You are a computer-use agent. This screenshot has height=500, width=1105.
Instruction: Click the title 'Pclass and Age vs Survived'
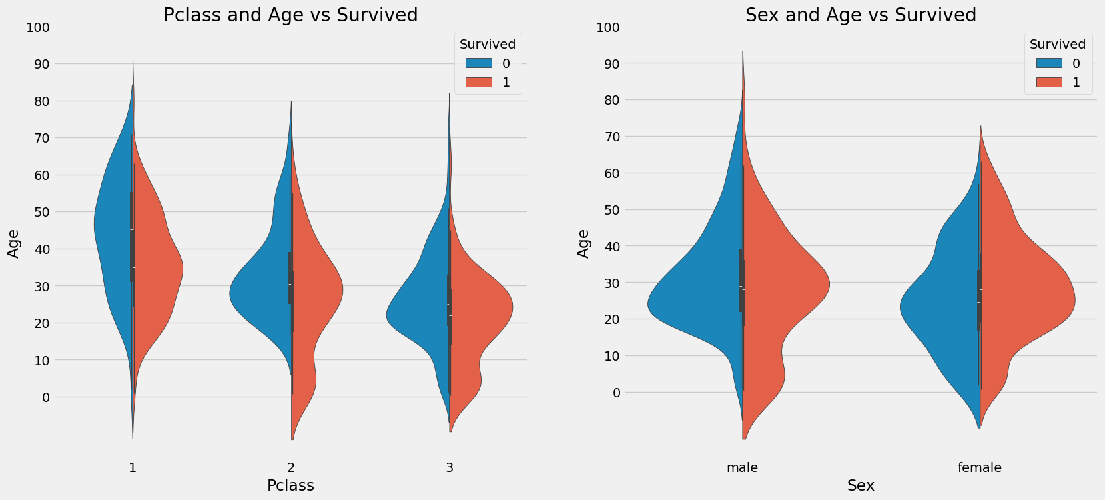[290, 15]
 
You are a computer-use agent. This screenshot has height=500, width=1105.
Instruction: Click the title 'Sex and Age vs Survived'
[860, 15]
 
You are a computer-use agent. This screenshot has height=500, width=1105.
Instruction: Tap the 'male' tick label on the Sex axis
[742, 468]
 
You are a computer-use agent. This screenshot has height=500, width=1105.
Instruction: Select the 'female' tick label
[979, 468]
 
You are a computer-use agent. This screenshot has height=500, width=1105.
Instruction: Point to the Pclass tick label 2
[291, 468]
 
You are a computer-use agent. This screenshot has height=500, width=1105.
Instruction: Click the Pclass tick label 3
[450, 468]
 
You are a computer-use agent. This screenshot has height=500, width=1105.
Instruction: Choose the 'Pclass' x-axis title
[290, 485]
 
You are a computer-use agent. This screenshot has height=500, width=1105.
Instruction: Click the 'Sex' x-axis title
[861, 485]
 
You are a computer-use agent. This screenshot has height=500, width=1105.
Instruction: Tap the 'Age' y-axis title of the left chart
[13, 243]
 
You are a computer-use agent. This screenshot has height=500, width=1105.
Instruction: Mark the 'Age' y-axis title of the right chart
[583, 243]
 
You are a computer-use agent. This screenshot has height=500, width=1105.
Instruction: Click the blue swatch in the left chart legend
[479, 63]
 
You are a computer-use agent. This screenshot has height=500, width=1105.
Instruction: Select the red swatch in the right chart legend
[1049, 83]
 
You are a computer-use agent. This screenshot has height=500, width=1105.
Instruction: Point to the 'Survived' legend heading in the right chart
[1057, 44]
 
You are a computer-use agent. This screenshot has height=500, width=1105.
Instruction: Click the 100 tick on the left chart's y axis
[38, 27]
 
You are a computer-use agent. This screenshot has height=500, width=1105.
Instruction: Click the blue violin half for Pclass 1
[113, 233]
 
